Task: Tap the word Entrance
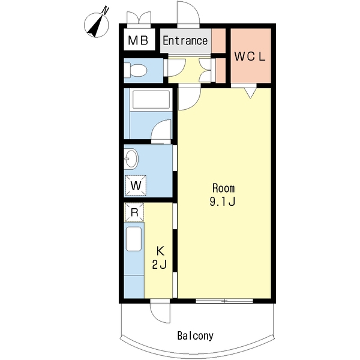[185, 41]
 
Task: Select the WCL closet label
[250, 56]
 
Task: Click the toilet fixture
[135, 70]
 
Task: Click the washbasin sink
[131, 158]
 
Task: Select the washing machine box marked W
[136, 185]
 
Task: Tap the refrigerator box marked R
[134, 212]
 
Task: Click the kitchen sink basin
[134, 239]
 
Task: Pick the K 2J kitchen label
[160, 257]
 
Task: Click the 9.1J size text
[223, 202]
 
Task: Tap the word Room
[223, 188]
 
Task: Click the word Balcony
[195, 335]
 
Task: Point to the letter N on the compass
[106, 10]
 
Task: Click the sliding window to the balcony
[224, 301]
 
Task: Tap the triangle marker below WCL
[250, 93]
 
